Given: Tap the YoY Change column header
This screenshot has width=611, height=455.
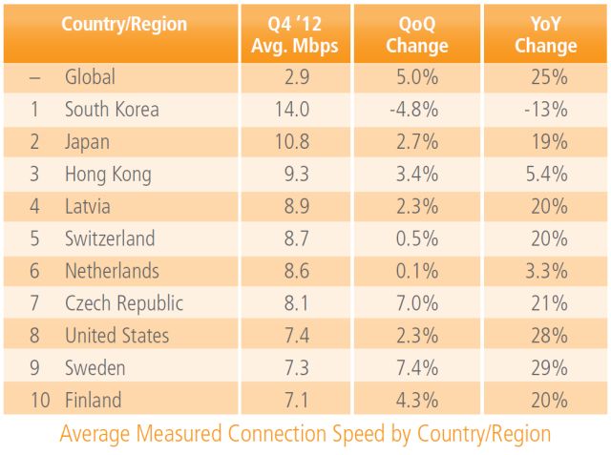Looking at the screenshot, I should (x=546, y=34).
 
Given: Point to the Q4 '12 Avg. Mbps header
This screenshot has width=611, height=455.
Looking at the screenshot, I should (x=292, y=34).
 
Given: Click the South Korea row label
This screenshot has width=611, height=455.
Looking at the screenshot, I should (x=112, y=110).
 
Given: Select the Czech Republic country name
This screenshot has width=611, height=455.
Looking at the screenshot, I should (x=124, y=304).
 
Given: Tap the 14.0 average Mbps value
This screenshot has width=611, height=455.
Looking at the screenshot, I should (x=292, y=110).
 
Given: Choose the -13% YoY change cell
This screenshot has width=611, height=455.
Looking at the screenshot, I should (x=546, y=110).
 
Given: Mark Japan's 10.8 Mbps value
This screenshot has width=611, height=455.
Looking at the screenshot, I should (x=292, y=142).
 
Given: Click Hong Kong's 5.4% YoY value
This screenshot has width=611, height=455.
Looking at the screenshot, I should (x=546, y=175).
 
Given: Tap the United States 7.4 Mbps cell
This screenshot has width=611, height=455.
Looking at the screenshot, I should (x=292, y=337).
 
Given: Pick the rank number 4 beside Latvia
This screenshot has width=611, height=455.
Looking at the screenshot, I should (x=33, y=207).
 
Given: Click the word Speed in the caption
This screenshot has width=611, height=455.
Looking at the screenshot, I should (x=382, y=434).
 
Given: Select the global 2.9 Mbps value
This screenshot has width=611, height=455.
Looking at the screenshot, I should (x=292, y=77).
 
